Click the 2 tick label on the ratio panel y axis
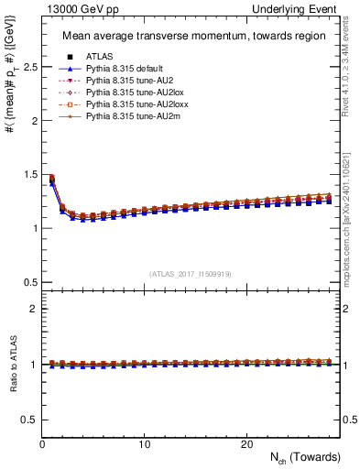point(33,309)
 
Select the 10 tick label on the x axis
point(144,444)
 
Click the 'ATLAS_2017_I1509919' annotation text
point(190,273)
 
